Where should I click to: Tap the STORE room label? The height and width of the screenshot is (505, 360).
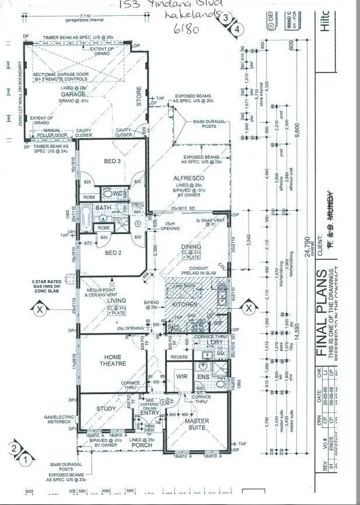pos(139,96)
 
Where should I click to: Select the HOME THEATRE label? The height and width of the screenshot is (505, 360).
pos(115,361)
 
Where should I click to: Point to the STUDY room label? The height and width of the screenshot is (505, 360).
pos(106,409)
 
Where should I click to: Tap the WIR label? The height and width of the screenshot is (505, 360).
pos(181,377)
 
